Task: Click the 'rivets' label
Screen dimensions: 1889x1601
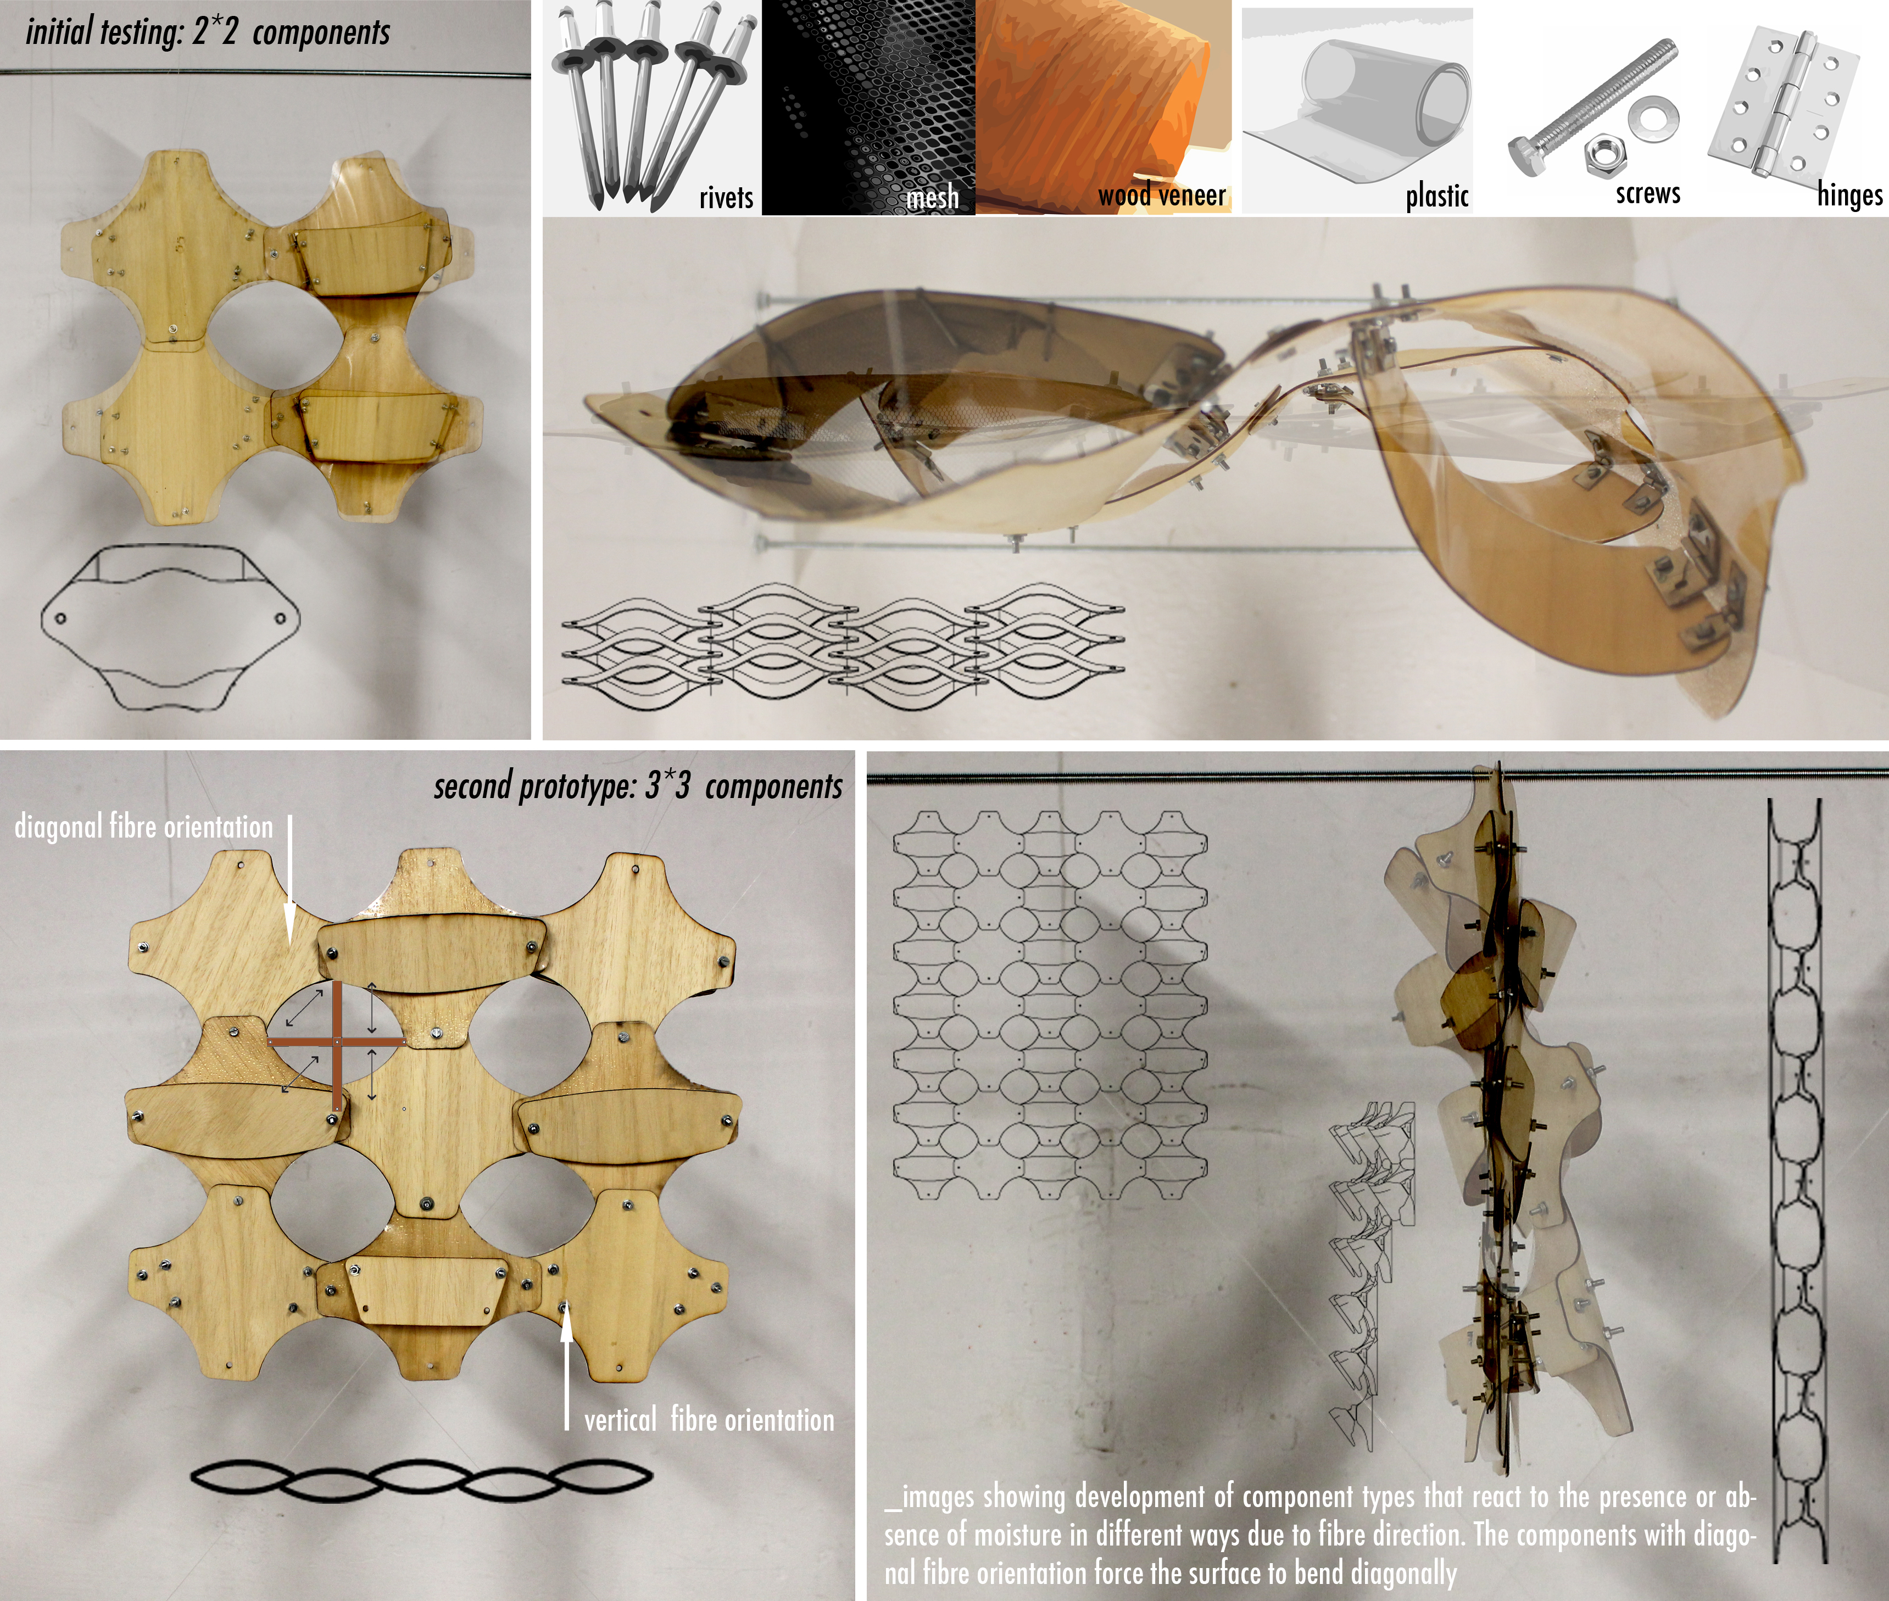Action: (726, 197)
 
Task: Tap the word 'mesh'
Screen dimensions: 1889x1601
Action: (932, 197)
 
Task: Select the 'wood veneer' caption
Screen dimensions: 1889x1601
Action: (1162, 195)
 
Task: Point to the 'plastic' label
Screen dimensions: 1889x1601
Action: (1437, 195)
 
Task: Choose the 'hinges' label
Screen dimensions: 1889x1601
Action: (1849, 195)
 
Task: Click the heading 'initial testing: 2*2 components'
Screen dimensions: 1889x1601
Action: (208, 32)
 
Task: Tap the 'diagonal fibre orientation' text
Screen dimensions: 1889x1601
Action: (143, 827)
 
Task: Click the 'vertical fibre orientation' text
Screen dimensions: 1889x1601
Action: (709, 1420)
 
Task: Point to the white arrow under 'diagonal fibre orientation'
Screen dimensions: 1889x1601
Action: (289, 879)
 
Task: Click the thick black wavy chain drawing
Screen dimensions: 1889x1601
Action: (421, 1480)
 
